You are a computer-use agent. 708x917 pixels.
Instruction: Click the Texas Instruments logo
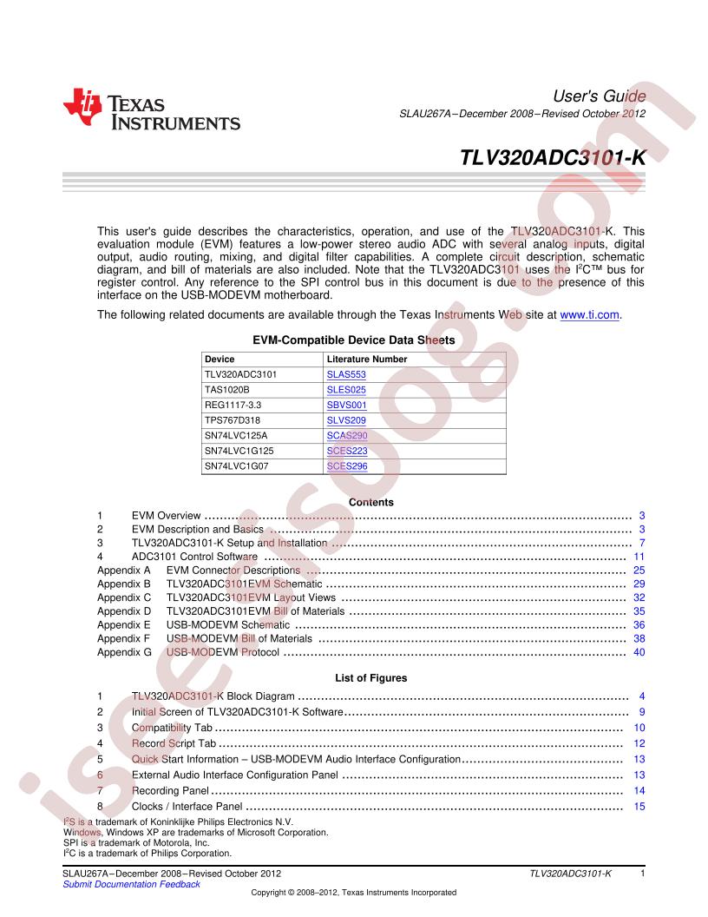pos(151,110)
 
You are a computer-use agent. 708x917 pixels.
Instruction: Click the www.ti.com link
pos(590,314)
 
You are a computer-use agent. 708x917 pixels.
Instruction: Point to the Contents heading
pos(370,502)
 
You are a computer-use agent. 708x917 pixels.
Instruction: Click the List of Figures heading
pos(370,677)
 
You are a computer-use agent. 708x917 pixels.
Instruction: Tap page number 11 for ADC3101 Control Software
pos(639,557)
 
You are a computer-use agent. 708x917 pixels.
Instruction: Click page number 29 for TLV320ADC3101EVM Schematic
pos(639,584)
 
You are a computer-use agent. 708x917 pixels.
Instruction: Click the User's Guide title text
pos(599,95)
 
